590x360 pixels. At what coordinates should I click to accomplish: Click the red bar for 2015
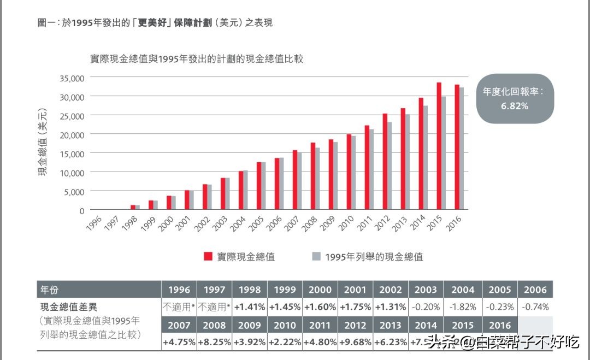[439, 146]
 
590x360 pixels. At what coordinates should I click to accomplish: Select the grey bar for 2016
[462, 149]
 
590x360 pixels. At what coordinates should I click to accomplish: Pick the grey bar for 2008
[318, 179]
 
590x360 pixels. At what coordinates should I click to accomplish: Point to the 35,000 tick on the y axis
[72, 78]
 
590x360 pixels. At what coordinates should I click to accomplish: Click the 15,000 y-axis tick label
[72, 154]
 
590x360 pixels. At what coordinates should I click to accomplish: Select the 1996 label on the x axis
[95, 222]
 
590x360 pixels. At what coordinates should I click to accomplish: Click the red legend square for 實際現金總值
[208, 256]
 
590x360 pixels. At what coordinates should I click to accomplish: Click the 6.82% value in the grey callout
[515, 106]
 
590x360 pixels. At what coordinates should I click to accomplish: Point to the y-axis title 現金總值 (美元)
[43, 143]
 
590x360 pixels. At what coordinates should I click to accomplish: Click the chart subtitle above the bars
[197, 59]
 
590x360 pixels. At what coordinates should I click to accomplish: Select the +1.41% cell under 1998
[250, 307]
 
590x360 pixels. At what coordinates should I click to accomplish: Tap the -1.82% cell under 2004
[462, 307]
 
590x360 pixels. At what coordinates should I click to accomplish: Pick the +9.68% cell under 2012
[356, 343]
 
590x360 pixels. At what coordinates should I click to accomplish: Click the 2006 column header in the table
[535, 290]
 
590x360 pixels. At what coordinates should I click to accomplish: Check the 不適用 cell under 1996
[179, 307]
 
